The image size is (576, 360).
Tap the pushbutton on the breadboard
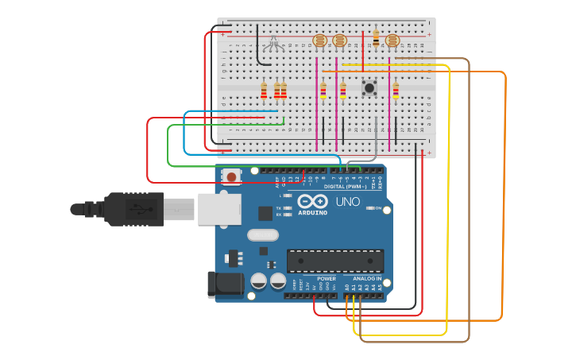click(369, 88)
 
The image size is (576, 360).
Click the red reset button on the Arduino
click(231, 176)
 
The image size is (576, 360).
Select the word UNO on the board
click(348, 202)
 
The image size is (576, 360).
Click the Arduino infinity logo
click(313, 202)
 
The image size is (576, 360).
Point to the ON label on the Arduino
click(378, 208)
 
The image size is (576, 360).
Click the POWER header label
click(326, 279)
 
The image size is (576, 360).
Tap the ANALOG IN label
click(366, 279)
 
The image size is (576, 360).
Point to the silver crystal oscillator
click(262, 234)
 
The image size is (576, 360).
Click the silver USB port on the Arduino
click(219, 209)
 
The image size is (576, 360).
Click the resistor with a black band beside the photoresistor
click(376, 37)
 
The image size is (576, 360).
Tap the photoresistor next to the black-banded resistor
click(391, 41)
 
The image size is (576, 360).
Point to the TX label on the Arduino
click(279, 207)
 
